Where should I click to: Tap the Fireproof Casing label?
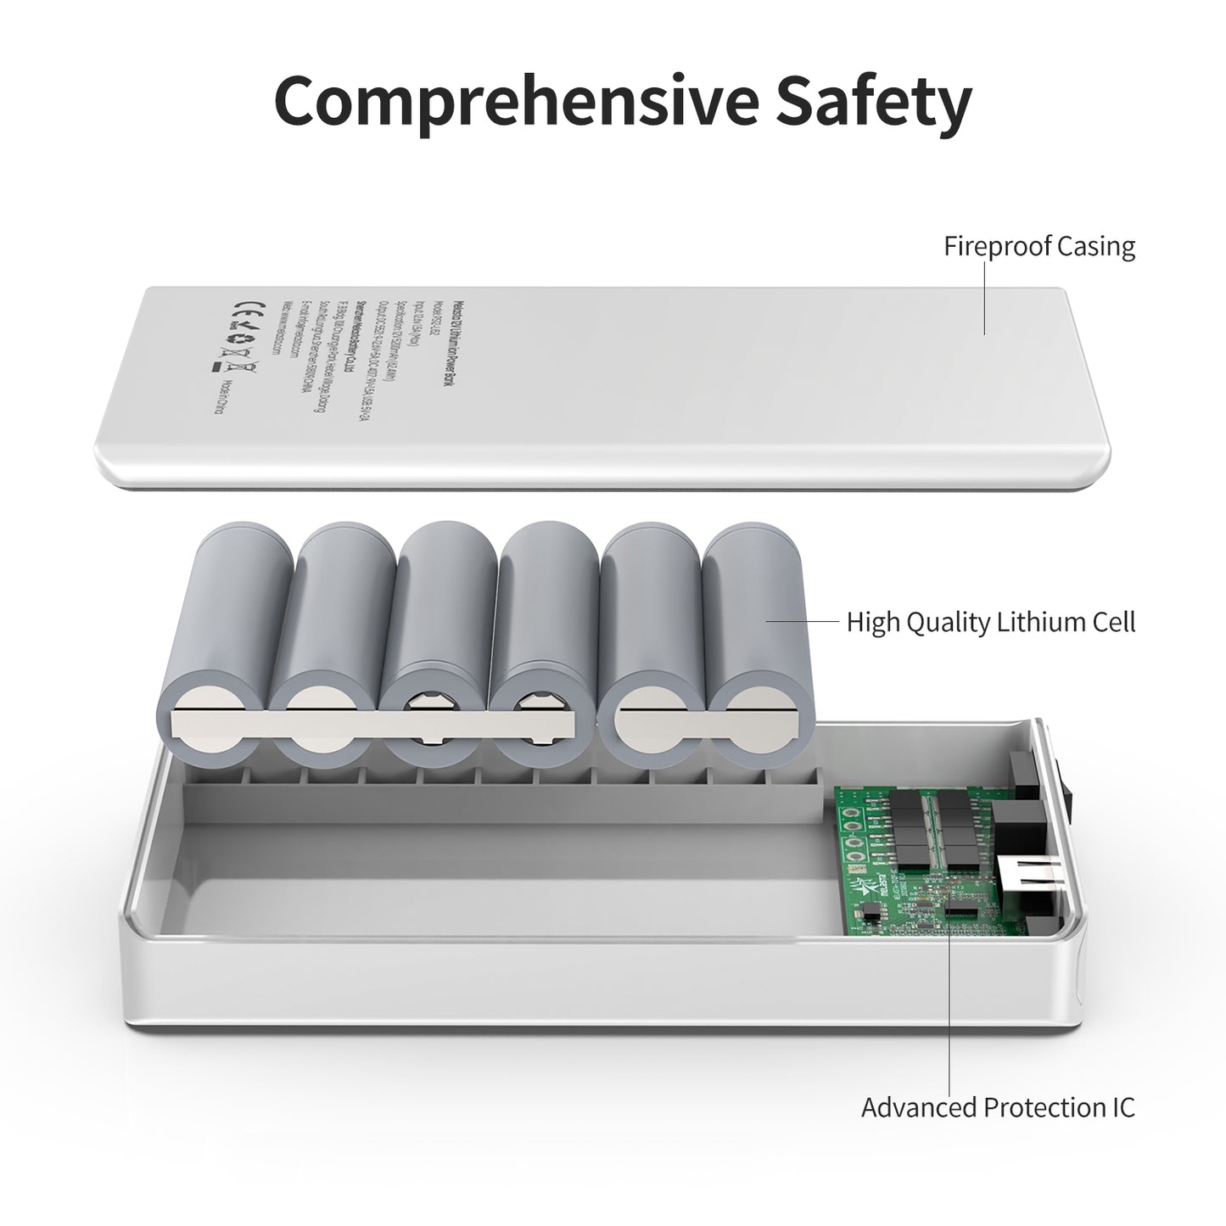tap(1039, 247)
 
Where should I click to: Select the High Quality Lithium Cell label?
tap(990, 622)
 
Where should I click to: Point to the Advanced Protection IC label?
tap(998, 1107)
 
